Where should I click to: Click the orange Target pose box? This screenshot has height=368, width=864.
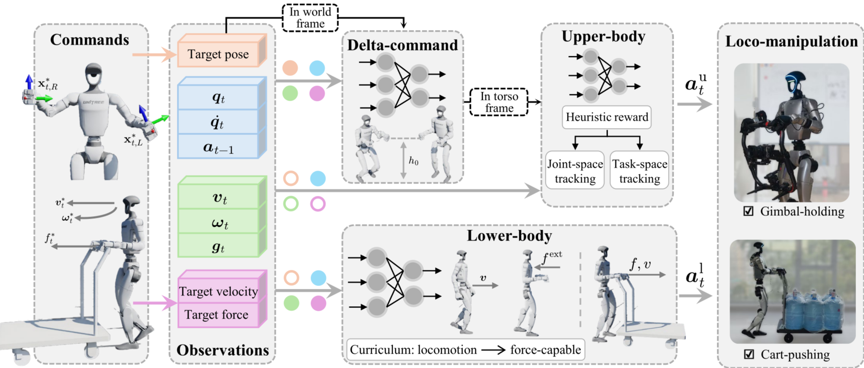pyautogui.click(x=218, y=54)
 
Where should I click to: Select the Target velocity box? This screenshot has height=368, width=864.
pyautogui.click(x=218, y=291)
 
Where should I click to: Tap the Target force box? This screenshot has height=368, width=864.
pyautogui.click(x=217, y=315)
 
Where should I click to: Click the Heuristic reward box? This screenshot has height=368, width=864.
pyautogui.click(x=607, y=117)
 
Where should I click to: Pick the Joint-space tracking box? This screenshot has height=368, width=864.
pyautogui.click(x=575, y=171)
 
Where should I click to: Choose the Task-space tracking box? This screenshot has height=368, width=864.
pyautogui.click(x=639, y=171)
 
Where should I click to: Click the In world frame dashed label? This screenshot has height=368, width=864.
pyautogui.click(x=310, y=18)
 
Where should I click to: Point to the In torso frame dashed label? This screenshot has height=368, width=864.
pyautogui.click(x=499, y=102)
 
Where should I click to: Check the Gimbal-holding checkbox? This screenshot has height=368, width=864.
pyautogui.click(x=748, y=211)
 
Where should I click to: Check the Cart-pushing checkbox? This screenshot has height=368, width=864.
pyautogui.click(x=748, y=354)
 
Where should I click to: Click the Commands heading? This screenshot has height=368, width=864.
pyautogui.click(x=90, y=40)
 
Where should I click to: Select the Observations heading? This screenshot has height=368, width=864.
pyautogui.click(x=223, y=350)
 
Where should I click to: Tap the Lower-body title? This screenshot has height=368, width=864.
pyautogui.click(x=509, y=236)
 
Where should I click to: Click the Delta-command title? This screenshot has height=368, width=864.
pyautogui.click(x=402, y=45)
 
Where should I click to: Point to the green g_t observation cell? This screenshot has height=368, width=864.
pyautogui.click(x=218, y=247)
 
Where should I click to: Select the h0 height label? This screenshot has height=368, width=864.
pyautogui.click(x=413, y=161)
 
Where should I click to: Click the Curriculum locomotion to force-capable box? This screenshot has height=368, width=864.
pyautogui.click(x=465, y=350)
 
